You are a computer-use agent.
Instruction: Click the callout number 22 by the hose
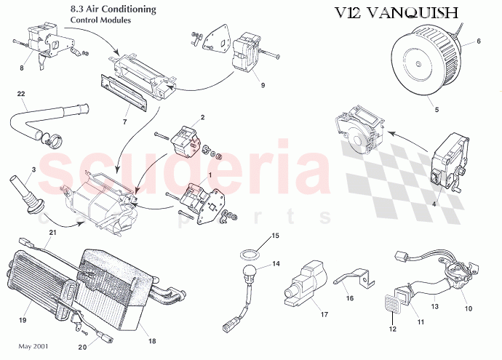coord(21,94)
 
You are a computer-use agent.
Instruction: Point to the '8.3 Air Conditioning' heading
coord(113,9)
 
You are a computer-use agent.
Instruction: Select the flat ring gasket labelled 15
coord(251,253)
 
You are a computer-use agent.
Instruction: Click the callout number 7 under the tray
coord(125,122)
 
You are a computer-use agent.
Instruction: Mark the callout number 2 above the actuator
coord(202,117)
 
